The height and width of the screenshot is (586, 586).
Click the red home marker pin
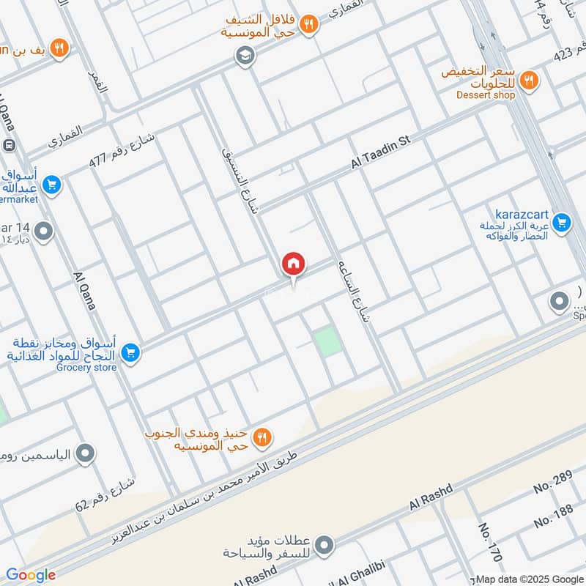[x=294, y=264]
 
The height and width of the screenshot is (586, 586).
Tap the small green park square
[x=329, y=342]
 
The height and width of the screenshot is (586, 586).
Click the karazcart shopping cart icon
[x=562, y=222]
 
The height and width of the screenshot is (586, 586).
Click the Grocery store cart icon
[x=131, y=354]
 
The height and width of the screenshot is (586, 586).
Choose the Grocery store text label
[x=86, y=367]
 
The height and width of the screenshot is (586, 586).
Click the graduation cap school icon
[x=245, y=55]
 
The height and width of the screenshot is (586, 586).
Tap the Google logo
[x=31, y=575]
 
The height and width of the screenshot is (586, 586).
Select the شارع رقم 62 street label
[x=105, y=494]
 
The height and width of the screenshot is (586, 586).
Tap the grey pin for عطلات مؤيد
[x=324, y=545]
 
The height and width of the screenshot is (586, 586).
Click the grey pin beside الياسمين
[x=86, y=454]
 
